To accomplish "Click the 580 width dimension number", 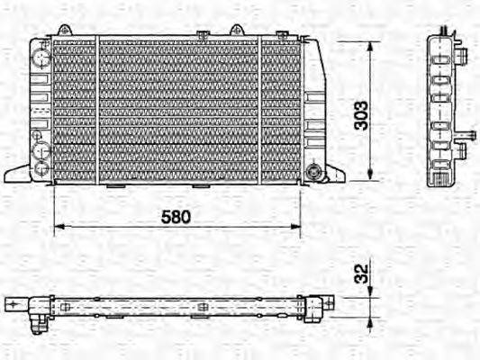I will coord(177,218).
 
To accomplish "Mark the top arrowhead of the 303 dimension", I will coord(372,43).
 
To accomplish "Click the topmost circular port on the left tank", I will coord(41,57).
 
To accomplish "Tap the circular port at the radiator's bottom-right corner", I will coord(313,170).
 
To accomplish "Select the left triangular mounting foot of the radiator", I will coord(18,170).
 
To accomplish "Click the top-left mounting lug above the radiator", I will coord(63,30).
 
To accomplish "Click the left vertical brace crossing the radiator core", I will coord(97,110).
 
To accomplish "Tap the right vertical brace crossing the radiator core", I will coord(261,110).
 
